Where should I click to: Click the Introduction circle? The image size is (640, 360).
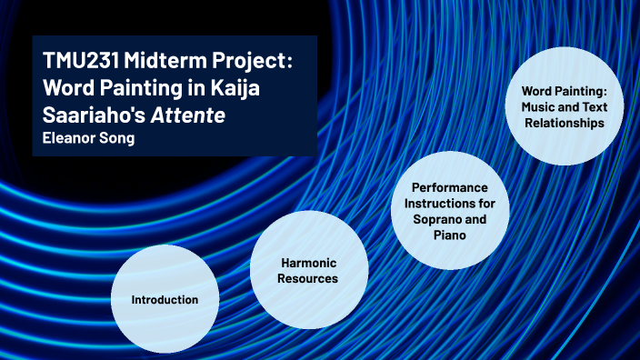coord(165,299)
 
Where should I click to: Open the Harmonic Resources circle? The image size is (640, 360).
coord(309,271)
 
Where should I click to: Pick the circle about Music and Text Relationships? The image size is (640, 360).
coord(564,106)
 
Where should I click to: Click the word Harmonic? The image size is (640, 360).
coord(309,263)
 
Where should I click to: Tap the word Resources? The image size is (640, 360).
coord(309,278)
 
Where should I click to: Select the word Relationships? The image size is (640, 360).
coord(564,123)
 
